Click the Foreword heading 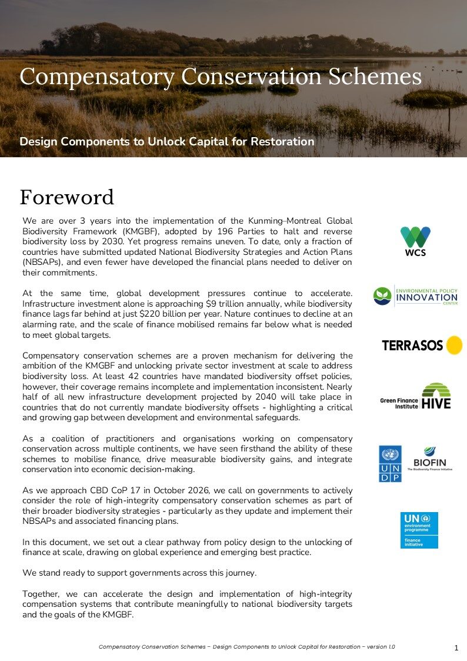point(66,197)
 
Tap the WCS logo point(415,241)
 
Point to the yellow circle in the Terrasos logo point(453,345)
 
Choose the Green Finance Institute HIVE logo point(416,396)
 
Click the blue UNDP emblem point(390,464)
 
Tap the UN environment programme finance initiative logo point(419,530)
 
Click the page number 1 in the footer point(456,648)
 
